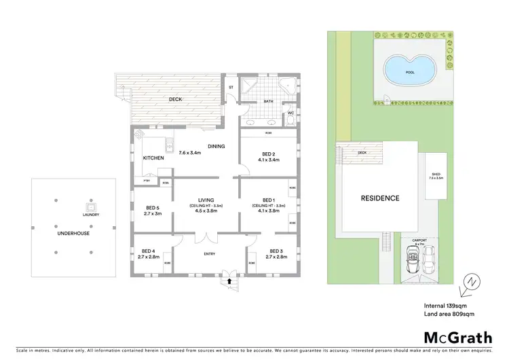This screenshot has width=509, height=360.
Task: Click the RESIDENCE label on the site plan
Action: coord(380,198)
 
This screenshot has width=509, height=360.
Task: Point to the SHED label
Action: coord(436,174)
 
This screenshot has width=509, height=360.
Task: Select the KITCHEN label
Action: coord(153,158)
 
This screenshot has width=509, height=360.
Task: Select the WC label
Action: coord(290,113)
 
